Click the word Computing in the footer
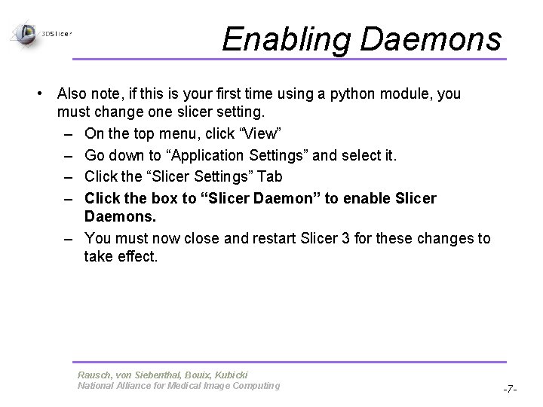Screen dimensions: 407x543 coord(256,386)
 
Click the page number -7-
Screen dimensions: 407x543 coord(510,388)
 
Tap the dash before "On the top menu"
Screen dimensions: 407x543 coord(69,134)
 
